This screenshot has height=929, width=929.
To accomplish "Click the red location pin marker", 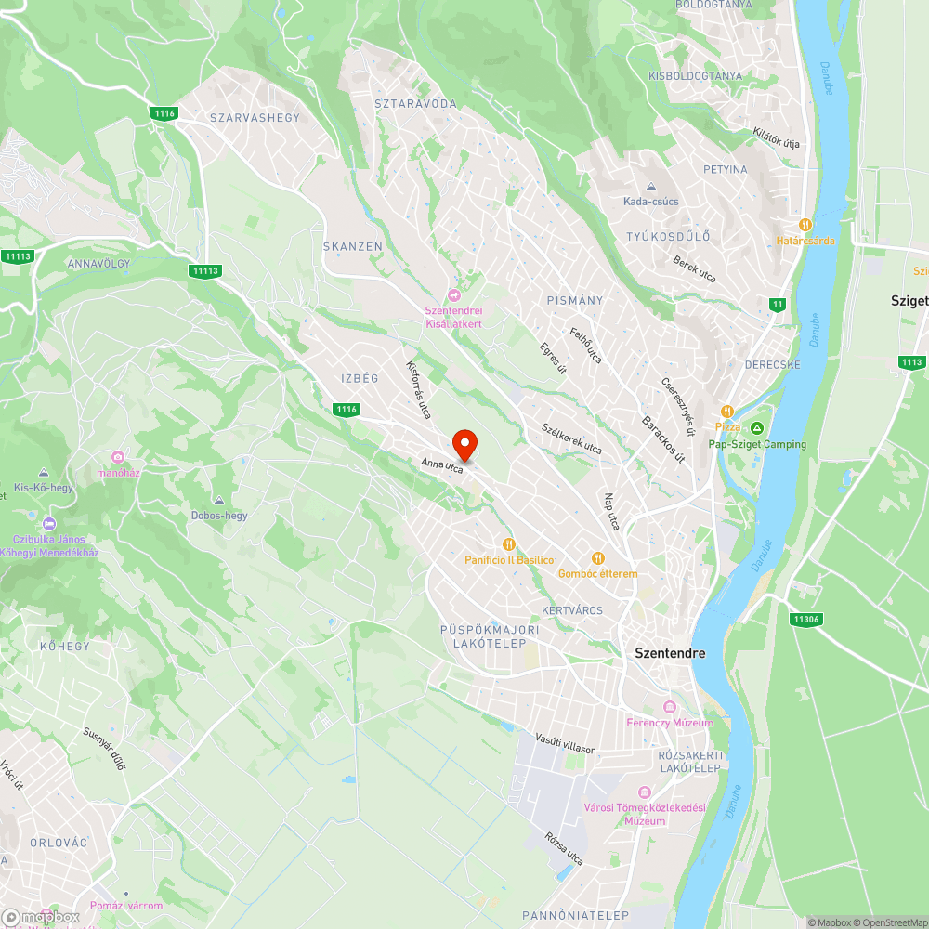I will [464, 444].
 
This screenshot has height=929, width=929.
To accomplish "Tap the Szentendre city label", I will [669, 653].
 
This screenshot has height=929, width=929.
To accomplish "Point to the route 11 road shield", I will [777, 305].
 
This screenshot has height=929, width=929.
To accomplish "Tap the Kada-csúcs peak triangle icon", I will [651, 187].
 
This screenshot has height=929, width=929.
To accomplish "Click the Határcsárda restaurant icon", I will [806, 225].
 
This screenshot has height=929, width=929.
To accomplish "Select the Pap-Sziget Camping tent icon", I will [757, 427].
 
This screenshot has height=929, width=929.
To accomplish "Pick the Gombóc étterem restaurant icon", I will [598, 558].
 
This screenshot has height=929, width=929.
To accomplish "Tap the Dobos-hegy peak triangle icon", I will [219, 500].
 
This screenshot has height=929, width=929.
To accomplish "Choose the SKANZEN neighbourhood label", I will [352, 246].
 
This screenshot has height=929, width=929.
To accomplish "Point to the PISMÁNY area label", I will [575, 300].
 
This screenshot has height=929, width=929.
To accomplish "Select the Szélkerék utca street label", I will [571, 438].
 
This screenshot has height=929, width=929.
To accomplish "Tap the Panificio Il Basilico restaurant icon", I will [509, 544].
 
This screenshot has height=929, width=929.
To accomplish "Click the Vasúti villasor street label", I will [565, 742].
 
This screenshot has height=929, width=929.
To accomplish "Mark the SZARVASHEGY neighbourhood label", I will [255, 118].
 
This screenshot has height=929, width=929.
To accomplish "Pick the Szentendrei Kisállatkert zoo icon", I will [454, 294].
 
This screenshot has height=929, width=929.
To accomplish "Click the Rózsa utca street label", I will [565, 848].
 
